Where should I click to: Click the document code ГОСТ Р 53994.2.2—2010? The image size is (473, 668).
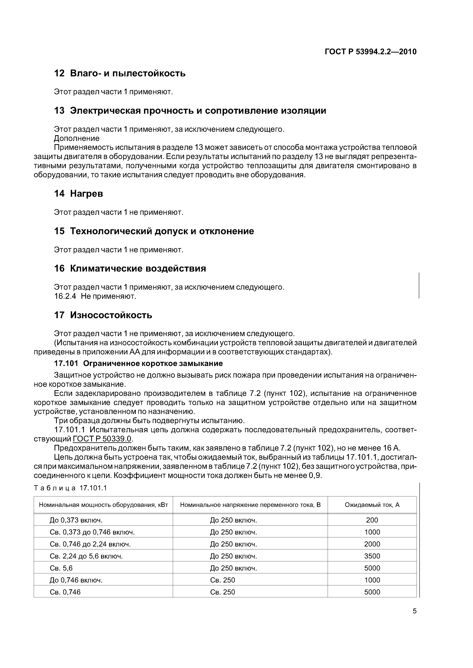(370, 52)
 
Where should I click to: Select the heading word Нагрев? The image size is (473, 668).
(87, 194)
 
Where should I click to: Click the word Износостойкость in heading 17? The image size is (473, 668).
(111, 315)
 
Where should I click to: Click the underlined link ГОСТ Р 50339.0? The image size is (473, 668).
(102, 439)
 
